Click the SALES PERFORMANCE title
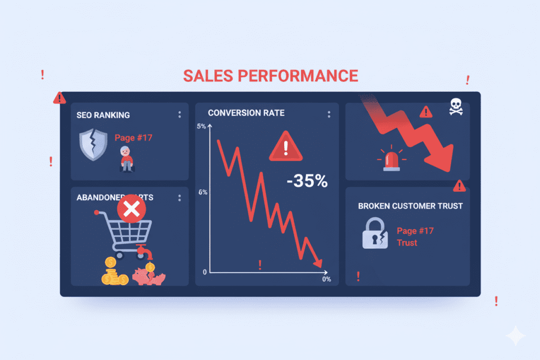(270, 75)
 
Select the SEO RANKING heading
(103, 115)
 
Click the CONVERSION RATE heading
(246, 113)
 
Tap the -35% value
(307, 182)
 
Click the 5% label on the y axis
(201, 127)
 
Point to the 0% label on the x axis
(326, 279)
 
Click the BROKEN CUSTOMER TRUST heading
(410, 206)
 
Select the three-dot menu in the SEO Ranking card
(179, 115)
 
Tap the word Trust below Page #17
(407, 243)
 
